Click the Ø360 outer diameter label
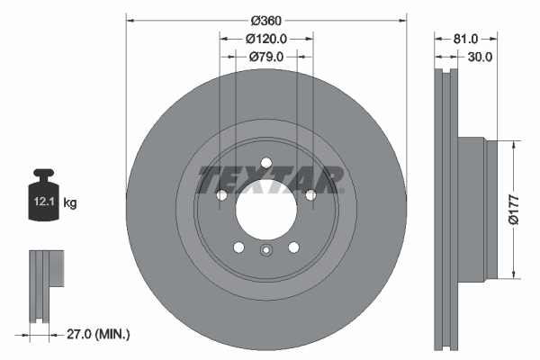coord(266,19)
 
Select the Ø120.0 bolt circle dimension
coord(266,38)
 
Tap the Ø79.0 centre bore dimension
coord(266,57)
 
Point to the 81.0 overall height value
coord(464,38)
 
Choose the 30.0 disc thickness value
coord(478,57)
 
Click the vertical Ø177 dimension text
coord(527,209)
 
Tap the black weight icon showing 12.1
coord(45,192)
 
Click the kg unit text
coord(70,203)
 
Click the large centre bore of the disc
coord(266,211)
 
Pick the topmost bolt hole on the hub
coord(266,163)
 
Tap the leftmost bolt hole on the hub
coord(221,195)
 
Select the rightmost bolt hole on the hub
coord(311,195)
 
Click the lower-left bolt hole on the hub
coord(238,248)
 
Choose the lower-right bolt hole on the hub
coord(294,248)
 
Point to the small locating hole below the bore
coord(266,251)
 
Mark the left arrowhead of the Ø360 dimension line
coord(129,19)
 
